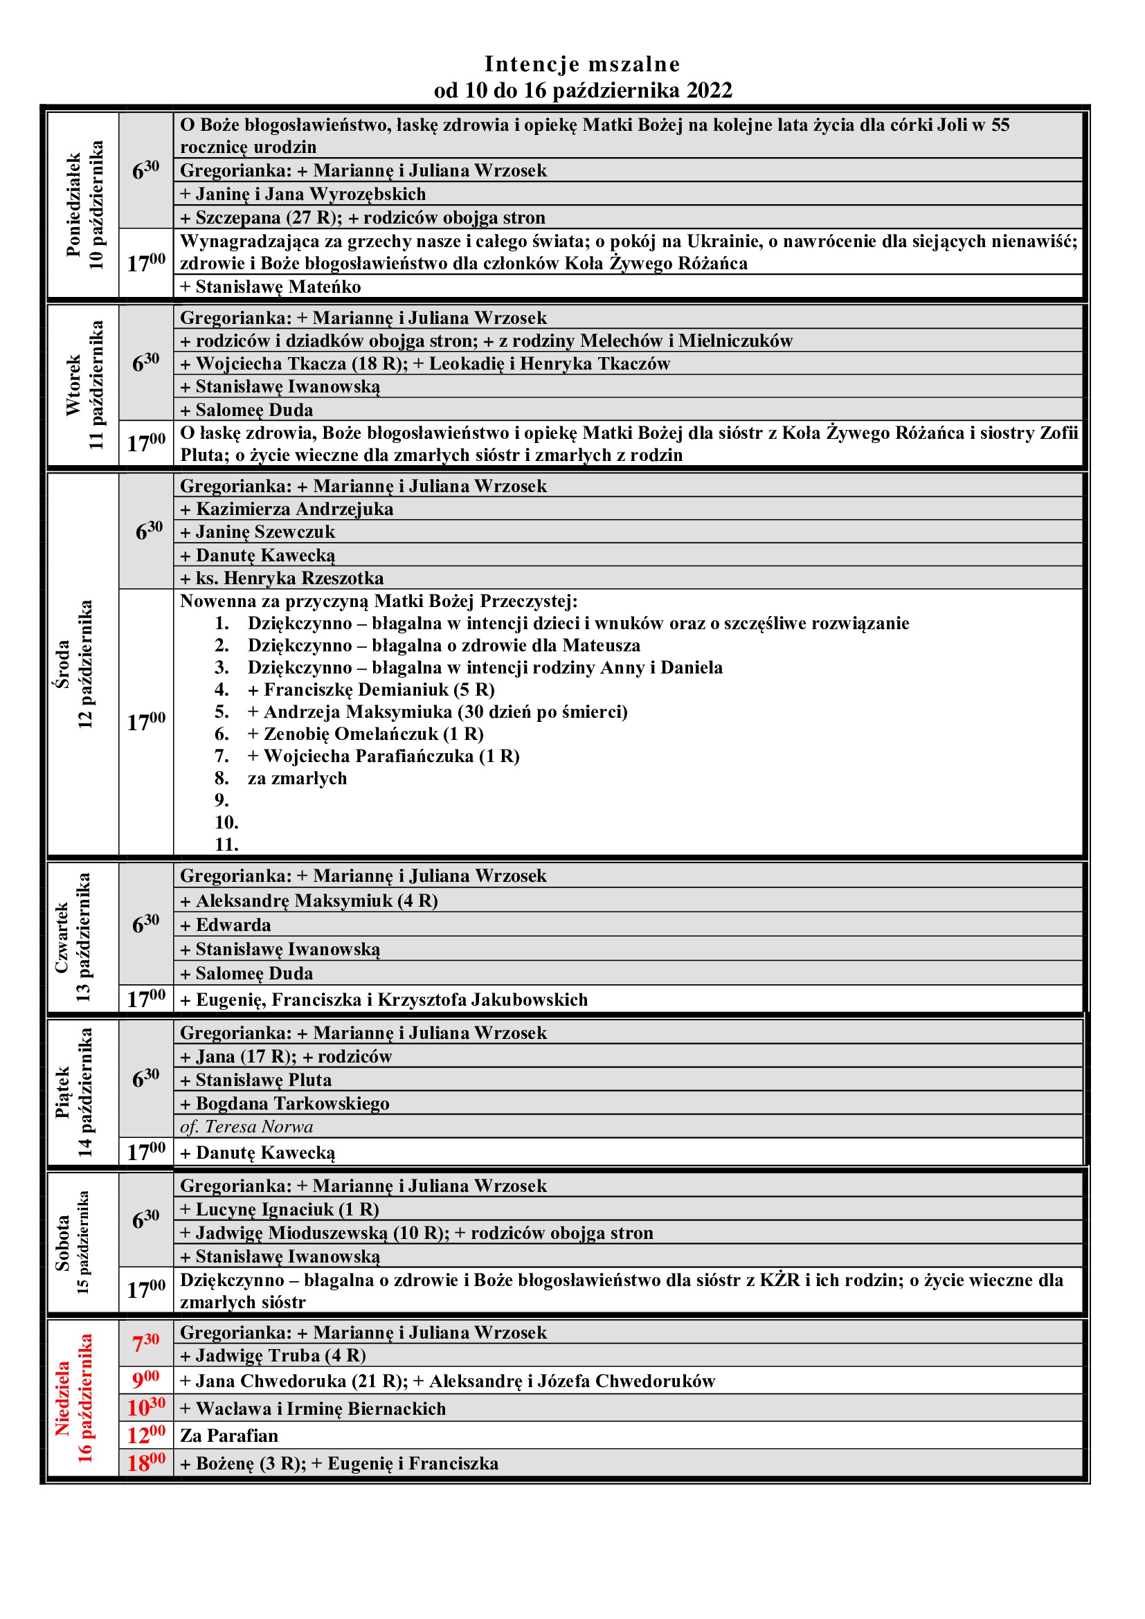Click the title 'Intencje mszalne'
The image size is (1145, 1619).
pos(581,64)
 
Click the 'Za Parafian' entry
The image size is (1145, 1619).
pos(229,1436)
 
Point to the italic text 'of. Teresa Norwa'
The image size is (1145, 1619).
pos(246,1127)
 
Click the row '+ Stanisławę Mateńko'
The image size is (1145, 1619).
pos(270,287)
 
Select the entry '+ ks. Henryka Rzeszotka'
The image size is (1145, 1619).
pos(282,578)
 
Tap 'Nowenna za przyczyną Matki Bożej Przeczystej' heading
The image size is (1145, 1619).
pos(379,602)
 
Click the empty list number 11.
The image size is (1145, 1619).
pos(226,844)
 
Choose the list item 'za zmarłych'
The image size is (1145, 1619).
pos(297,779)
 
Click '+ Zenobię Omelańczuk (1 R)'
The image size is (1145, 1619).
pos(365,734)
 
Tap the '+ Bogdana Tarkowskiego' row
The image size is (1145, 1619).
pos(285,1103)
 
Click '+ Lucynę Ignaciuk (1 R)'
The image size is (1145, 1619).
pos(280,1210)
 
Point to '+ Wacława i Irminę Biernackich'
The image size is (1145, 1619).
pos(313,1408)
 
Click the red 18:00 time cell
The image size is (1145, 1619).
pos(146,1463)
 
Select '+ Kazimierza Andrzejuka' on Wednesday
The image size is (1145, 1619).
pos(287,509)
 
